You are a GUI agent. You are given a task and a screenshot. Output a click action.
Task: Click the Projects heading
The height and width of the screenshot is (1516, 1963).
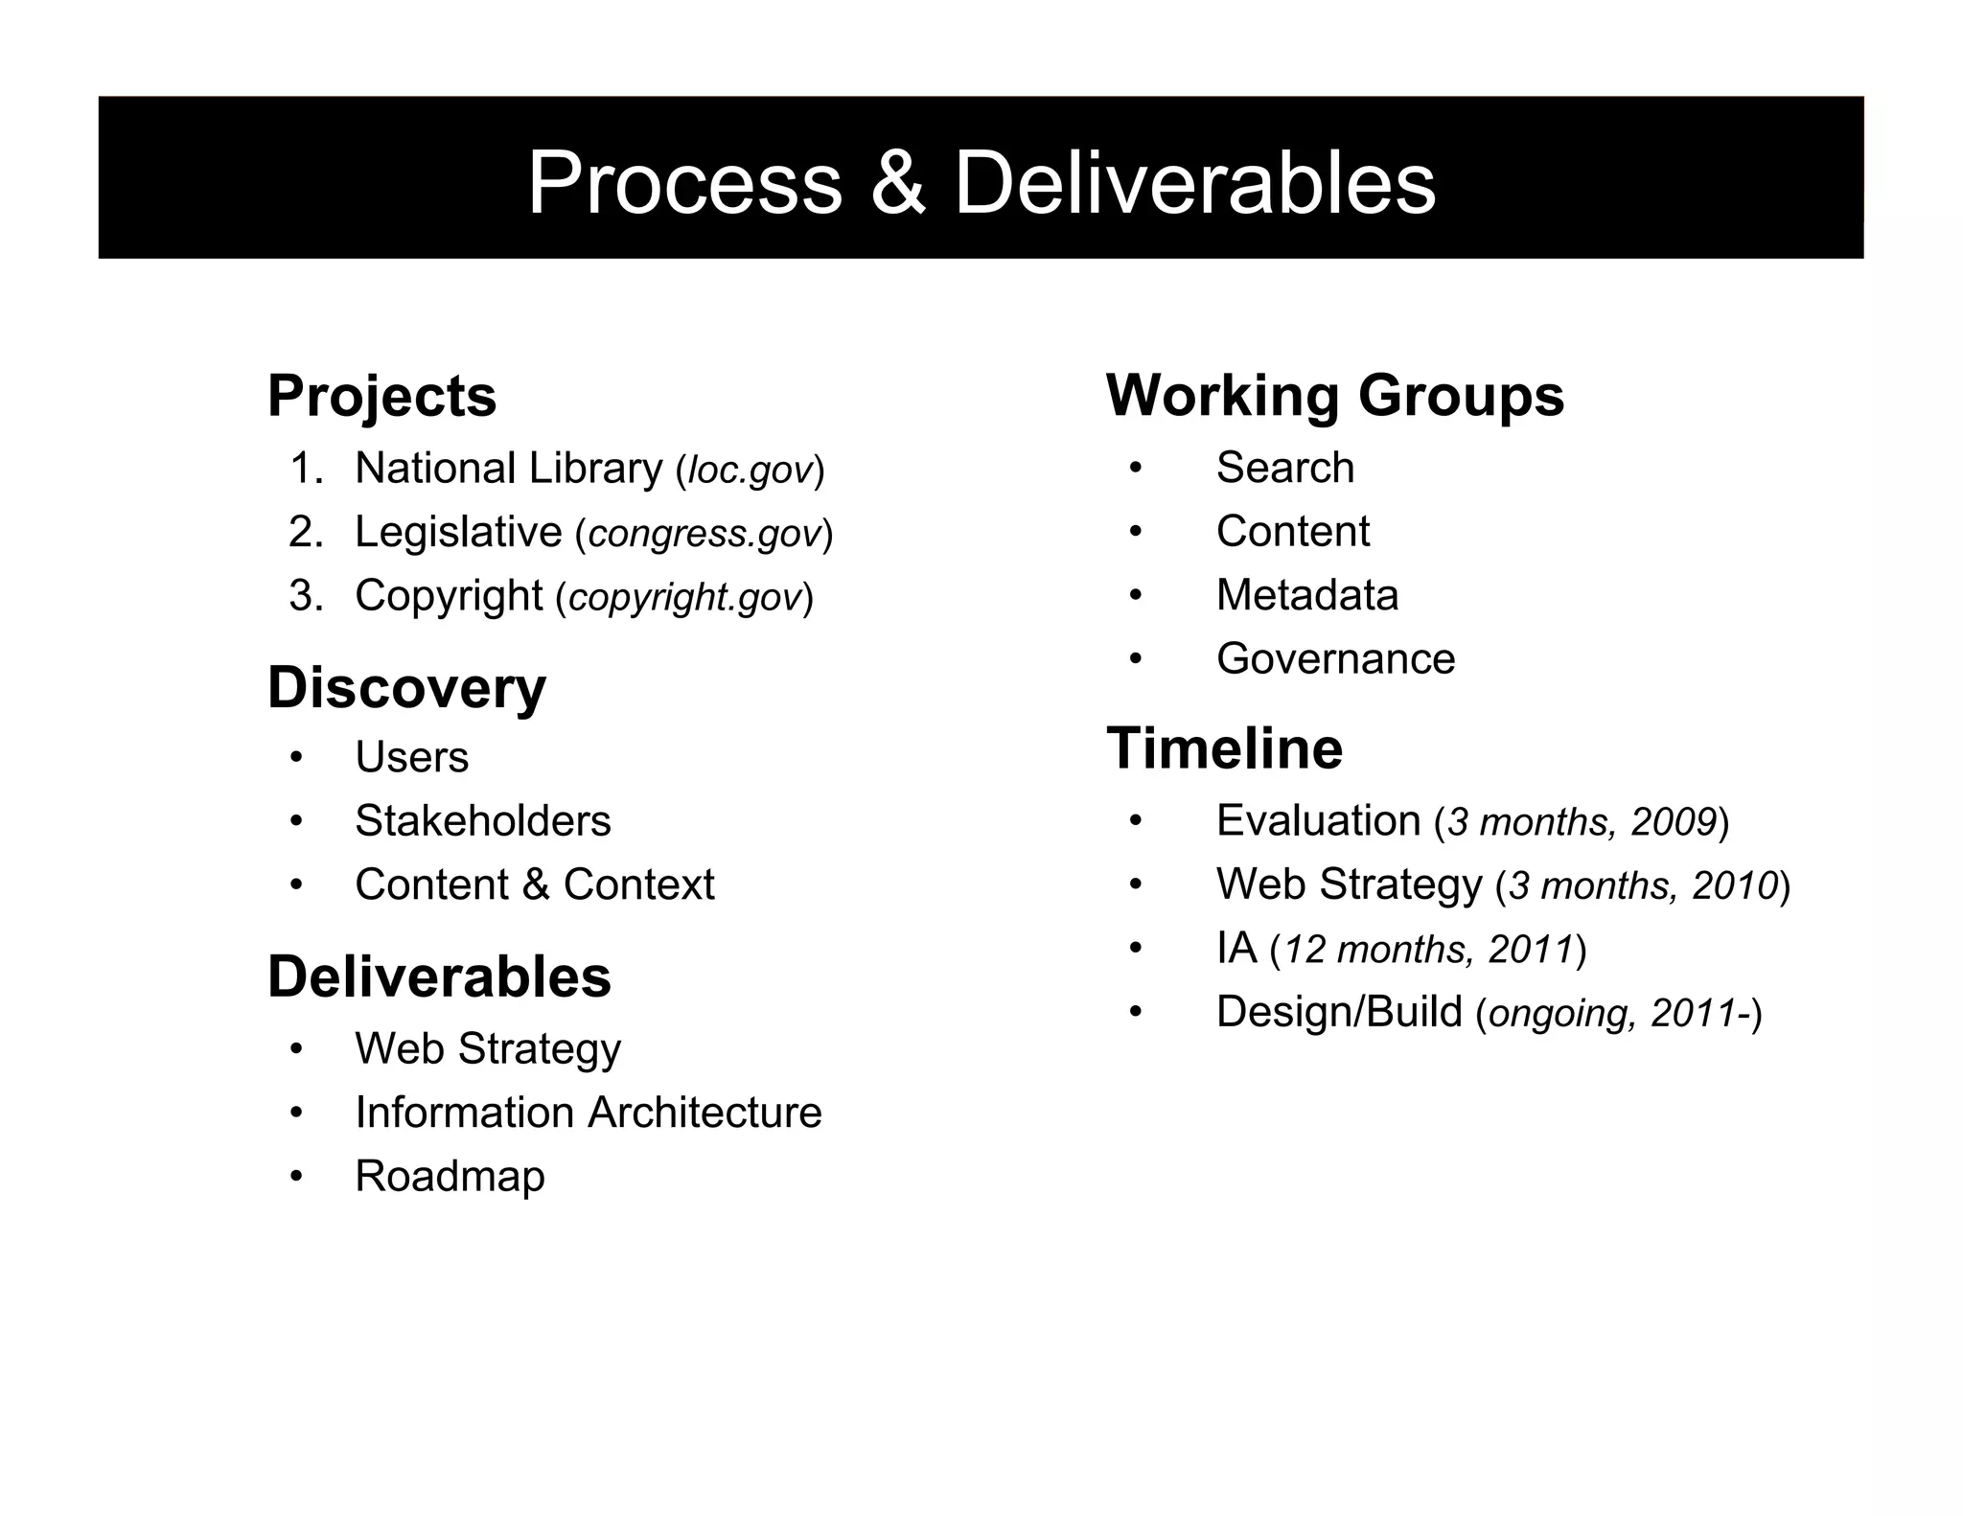click(x=381, y=396)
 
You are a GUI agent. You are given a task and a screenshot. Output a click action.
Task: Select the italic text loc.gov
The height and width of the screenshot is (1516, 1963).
click(x=751, y=471)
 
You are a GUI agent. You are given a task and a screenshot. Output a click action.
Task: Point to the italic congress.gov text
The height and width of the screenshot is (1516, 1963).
click(x=704, y=534)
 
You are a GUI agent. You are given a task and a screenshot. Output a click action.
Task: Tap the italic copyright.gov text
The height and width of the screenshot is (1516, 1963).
click(x=684, y=597)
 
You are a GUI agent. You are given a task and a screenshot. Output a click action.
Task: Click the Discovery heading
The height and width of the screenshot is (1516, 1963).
click(x=406, y=688)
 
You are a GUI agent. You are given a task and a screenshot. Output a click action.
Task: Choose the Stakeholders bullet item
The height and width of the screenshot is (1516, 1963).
click(x=482, y=821)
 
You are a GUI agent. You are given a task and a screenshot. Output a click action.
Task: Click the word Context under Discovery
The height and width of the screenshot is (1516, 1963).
click(x=638, y=884)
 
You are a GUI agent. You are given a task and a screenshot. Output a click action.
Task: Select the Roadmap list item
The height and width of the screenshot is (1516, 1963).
click(x=450, y=1176)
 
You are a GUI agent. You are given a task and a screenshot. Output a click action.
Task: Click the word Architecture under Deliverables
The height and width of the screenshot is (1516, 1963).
click(x=704, y=1113)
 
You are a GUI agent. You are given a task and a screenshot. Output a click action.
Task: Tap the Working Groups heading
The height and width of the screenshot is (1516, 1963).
click(x=1334, y=396)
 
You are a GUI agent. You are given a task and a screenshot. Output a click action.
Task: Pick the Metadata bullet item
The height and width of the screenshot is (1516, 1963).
click(x=1306, y=595)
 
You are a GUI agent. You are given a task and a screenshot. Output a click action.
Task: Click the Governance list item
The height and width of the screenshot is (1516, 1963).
click(x=1335, y=659)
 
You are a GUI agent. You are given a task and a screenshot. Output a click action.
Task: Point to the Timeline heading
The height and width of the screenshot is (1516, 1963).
click(x=1224, y=748)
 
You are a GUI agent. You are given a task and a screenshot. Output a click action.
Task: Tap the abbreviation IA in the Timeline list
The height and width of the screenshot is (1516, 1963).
click(x=1236, y=949)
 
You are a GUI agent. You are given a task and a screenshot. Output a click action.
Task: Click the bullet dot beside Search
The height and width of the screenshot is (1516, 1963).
click(x=1136, y=469)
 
